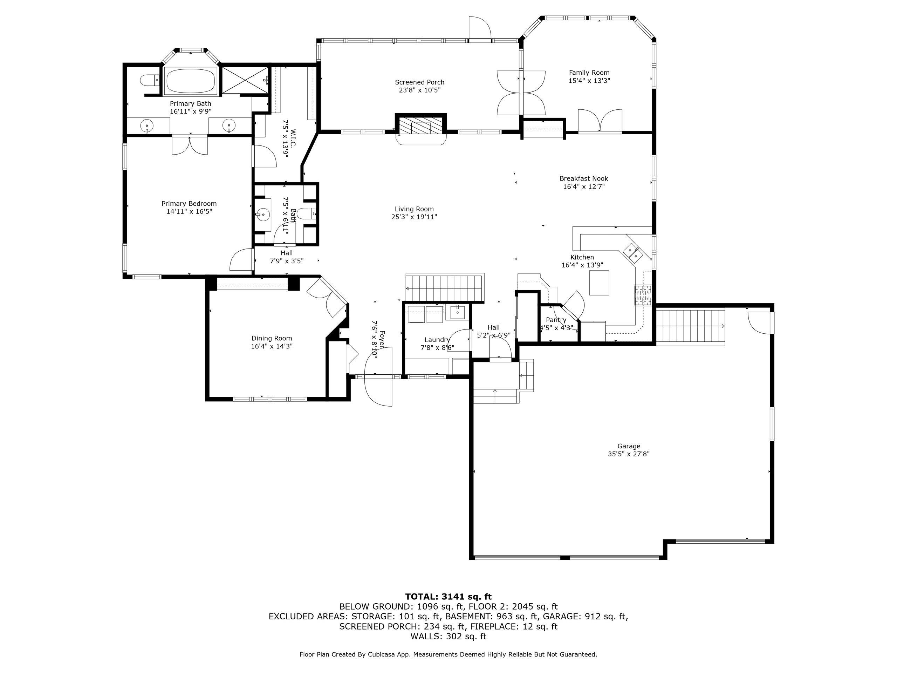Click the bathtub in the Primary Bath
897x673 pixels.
(190, 81)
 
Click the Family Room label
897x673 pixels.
(589, 73)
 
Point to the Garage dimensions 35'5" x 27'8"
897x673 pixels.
(629, 454)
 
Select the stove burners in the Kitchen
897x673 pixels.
(643, 295)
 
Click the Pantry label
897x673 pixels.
(556, 320)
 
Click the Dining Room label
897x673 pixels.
(272, 338)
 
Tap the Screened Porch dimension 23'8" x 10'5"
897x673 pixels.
(420, 90)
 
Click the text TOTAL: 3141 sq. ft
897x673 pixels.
(448, 596)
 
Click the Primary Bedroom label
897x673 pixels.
(189, 204)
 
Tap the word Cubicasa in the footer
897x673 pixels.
(382, 654)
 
